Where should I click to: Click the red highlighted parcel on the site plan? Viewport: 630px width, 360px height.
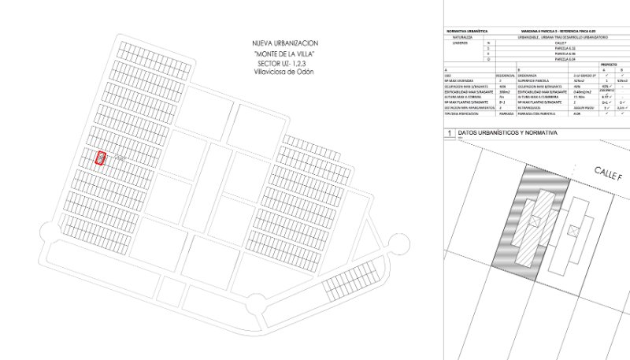[101, 158]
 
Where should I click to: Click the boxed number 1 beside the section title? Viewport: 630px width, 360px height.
[449, 135]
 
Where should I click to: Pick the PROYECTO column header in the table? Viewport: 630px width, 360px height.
[609, 64]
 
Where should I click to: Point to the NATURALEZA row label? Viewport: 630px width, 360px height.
[462, 35]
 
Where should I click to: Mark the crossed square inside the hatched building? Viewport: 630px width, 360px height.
[535, 221]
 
